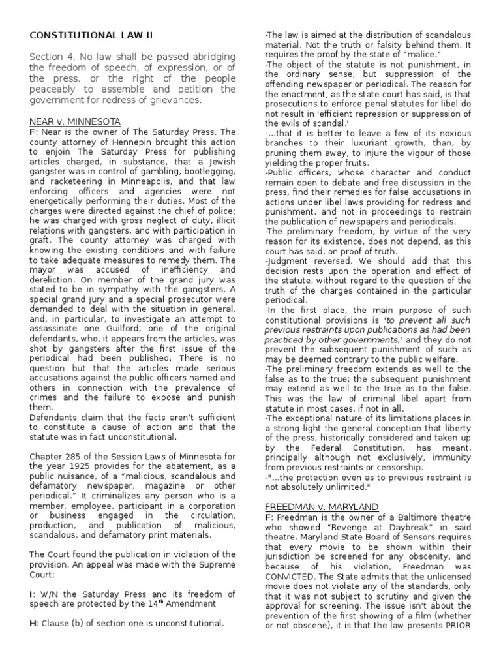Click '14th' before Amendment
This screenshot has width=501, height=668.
(177, 603)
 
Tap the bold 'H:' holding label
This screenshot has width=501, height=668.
(33, 623)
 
